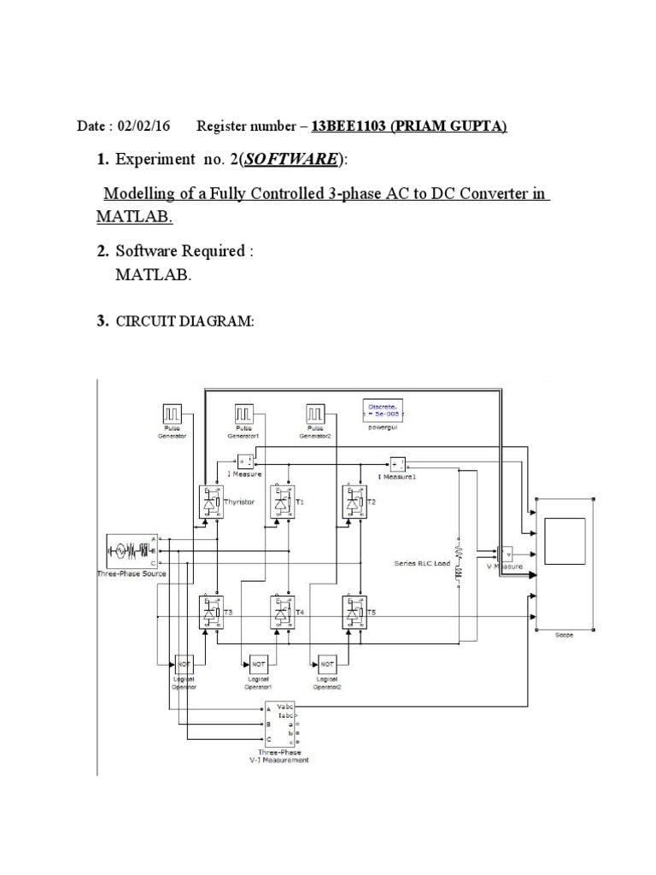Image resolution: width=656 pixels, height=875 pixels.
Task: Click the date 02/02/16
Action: [147, 126]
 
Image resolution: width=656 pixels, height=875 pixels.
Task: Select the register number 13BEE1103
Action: [348, 126]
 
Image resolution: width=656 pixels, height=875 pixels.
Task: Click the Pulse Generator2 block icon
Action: [316, 414]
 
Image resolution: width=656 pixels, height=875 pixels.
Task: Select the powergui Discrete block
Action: [383, 410]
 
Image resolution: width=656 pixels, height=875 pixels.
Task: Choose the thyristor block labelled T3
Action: [208, 612]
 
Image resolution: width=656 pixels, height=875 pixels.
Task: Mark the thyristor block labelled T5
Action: [353, 612]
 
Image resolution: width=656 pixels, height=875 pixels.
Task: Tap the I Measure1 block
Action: [399, 464]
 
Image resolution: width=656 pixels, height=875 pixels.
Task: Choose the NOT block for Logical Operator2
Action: [325, 664]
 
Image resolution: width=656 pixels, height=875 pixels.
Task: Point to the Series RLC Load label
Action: [422, 563]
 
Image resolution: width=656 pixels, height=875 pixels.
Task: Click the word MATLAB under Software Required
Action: [154, 275]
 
